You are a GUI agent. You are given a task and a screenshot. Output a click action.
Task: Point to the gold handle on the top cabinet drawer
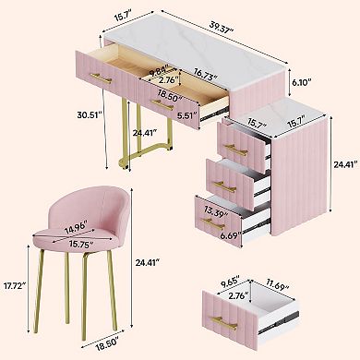point(234,150)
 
